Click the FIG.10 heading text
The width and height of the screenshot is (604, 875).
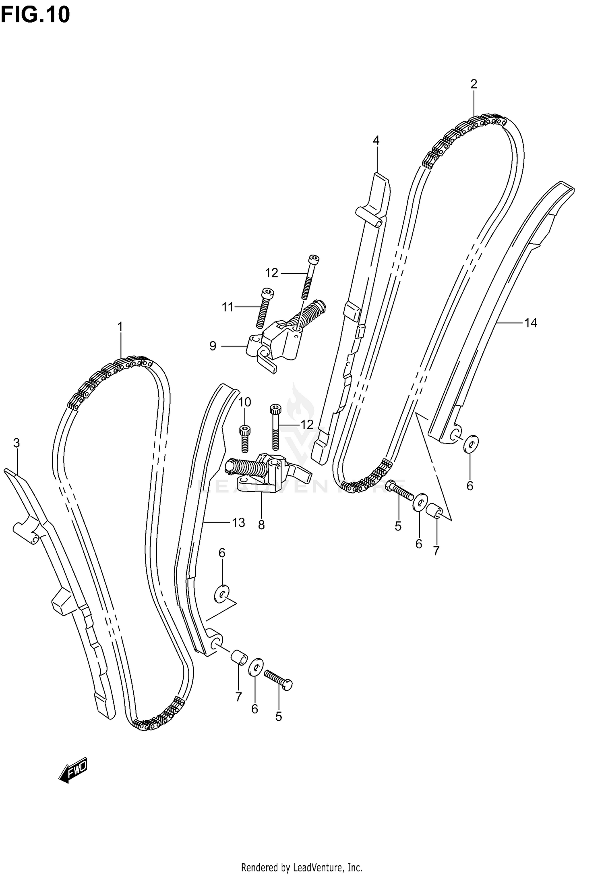tap(35, 15)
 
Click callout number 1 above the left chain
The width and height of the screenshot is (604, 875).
tap(120, 327)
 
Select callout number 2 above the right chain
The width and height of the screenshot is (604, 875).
tap(474, 84)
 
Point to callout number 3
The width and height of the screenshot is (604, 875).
tap(16, 443)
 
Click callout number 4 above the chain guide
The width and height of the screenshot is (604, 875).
tap(376, 140)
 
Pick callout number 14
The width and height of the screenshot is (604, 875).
tap(530, 323)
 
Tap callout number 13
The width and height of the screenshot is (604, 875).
tap(238, 523)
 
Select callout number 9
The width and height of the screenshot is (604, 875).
tap(213, 346)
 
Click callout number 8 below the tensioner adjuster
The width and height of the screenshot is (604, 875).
tap(261, 525)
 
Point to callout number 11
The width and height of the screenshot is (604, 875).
tap(228, 307)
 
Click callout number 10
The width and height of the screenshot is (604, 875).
tap(244, 402)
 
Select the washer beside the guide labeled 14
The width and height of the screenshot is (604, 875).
tap(471, 444)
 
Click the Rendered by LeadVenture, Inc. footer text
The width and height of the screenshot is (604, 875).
tap(302, 867)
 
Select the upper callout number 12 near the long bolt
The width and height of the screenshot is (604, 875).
tap(271, 273)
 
